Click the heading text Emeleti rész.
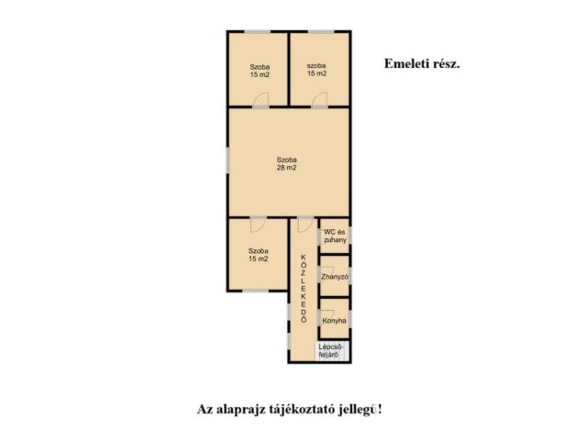coord(422,64)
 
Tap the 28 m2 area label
coord(286,168)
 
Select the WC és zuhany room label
coord(335,236)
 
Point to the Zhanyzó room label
coord(335,277)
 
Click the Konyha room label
coord(334,321)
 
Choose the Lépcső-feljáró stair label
coord(328,350)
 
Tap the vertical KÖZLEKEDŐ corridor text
coord(304,289)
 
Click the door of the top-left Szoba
coord(260,99)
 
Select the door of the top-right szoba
coord(320,99)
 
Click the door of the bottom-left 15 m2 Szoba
coord(259,225)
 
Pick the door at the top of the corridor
coord(305,225)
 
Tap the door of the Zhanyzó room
coord(327,273)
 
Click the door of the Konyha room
coord(327,316)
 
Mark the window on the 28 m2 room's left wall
coord(227,161)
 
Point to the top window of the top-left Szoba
coord(258,32)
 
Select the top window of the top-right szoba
coord(320,32)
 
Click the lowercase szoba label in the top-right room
coord(316,65)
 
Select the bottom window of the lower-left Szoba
coord(256,291)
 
